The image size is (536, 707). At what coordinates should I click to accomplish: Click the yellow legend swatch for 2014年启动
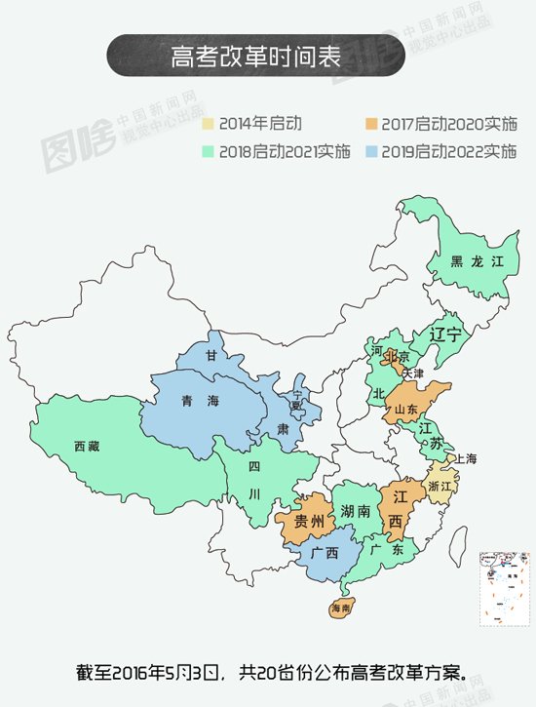(208, 124)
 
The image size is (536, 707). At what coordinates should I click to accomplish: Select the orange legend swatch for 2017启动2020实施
(371, 124)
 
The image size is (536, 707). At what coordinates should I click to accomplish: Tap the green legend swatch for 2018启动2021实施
(208, 151)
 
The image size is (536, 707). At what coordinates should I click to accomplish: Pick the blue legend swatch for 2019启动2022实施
(371, 151)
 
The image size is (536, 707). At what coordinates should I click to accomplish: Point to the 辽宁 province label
(445, 334)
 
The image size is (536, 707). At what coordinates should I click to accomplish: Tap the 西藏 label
(87, 447)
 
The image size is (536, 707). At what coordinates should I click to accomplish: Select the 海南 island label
(340, 608)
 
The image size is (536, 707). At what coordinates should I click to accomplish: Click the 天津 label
(413, 373)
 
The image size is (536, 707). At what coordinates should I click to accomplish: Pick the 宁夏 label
(298, 400)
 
